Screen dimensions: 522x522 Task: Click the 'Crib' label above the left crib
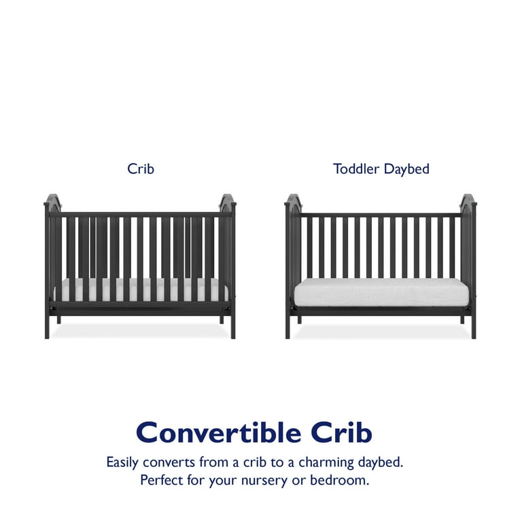pyautogui.click(x=141, y=169)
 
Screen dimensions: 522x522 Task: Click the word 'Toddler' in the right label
pyautogui.click(x=356, y=169)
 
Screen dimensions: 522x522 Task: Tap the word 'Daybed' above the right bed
pyautogui.click(x=406, y=169)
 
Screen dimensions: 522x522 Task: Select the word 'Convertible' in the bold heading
pyautogui.click(x=219, y=432)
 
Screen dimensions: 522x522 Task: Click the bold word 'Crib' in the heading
pyautogui.click(x=342, y=432)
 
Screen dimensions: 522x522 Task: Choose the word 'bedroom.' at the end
pyautogui.click(x=340, y=480)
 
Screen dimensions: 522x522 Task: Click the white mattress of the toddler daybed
pyautogui.click(x=381, y=292)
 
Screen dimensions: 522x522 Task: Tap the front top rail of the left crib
pyautogui.click(x=140, y=214)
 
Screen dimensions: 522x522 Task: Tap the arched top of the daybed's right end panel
pyautogui.click(x=468, y=199)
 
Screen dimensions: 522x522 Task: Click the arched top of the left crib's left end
pyautogui.click(x=53, y=199)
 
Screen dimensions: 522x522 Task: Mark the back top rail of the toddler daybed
pyautogui.click(x=381, y=215)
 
